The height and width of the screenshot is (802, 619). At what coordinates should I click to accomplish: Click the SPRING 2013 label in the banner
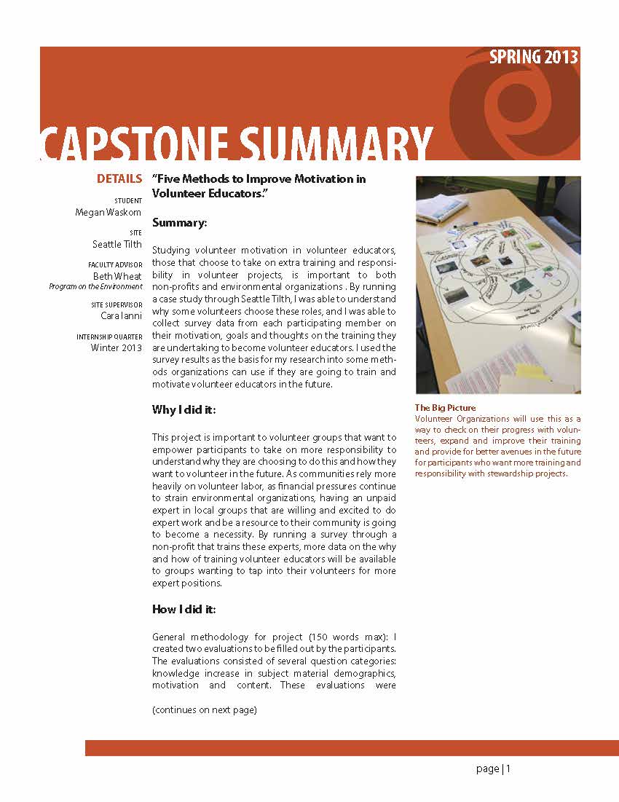tap(534, 58)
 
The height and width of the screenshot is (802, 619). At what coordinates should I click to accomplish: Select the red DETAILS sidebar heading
tap(119, 179)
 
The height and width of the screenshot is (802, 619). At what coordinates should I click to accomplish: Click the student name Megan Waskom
tap(109, 213)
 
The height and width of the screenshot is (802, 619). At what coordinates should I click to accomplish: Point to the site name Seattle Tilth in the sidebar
tap(117, 244)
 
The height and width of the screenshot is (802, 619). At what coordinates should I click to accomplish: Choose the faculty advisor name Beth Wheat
tap(117, 276)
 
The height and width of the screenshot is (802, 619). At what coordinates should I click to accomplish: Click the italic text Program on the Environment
tap(95, 286)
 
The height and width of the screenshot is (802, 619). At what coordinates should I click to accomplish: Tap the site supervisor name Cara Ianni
tap(121, 315)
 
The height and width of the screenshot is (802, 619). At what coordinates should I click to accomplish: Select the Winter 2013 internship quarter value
tap(117, 347)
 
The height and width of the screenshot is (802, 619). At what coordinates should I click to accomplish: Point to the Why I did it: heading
tap(184, 410)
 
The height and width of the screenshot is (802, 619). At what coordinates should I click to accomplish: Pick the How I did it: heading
tap(184, 609)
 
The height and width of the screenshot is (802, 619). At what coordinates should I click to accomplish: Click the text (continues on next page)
tap(205, 709)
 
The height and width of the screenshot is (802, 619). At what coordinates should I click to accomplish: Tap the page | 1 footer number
tap(494, 768)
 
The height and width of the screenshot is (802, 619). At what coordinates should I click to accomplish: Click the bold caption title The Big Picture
tap(445, 408)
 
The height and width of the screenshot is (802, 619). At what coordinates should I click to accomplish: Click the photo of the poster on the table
tap(497, 284)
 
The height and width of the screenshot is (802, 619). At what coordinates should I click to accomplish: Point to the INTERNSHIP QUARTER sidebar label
tap(109, 337)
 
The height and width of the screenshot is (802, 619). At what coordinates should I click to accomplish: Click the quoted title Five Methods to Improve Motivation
tap(259, 186)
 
